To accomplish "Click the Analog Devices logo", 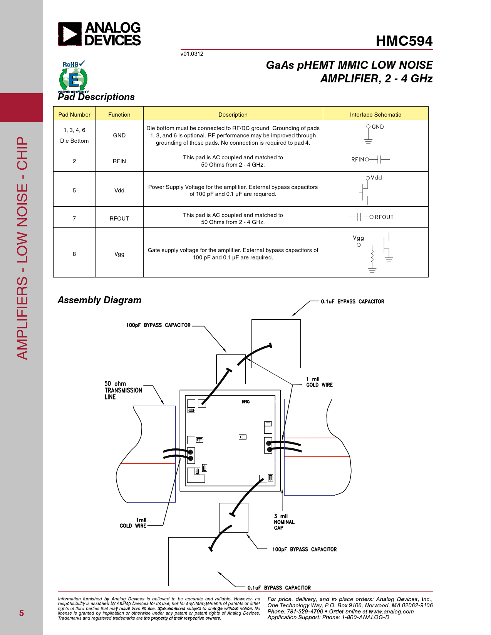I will point(99,34).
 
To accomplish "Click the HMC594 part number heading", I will point(404,41).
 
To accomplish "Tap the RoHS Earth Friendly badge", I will point(73,77).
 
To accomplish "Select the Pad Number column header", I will point(74,114).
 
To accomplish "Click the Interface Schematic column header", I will point(375,114).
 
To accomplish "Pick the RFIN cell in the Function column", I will point(119,161).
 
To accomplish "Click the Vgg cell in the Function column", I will point(119,254).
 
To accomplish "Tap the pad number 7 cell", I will point(74,218).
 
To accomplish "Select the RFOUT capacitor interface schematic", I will point(371,217).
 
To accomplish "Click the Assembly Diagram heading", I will point(99,300).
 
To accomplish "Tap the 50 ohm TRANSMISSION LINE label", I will point(123,390).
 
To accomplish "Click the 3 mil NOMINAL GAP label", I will point(284,522).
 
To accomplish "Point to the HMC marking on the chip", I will point(246,402).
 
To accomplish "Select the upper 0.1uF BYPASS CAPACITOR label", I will point(352,301).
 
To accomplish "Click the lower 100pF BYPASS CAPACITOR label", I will point(304,549).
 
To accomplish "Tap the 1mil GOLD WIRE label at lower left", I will point(133,523).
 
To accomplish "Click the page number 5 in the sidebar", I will point(22,613).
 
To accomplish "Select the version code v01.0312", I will point(192,54).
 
